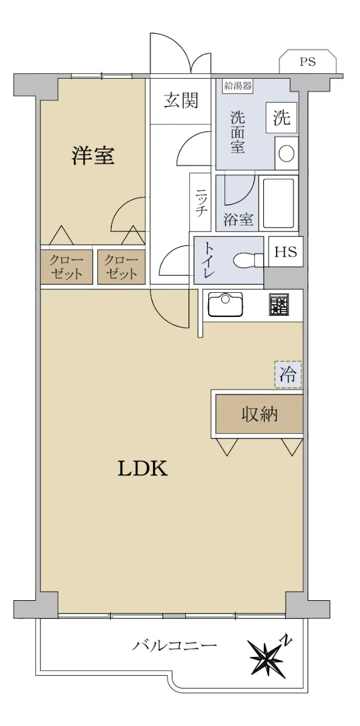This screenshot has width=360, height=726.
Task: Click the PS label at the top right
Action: (307, 61)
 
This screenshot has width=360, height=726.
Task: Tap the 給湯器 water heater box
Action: (238, 86)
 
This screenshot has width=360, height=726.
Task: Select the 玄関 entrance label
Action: (180, 100)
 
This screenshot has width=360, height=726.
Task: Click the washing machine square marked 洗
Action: (281, 117)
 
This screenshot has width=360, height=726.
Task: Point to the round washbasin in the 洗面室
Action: (286, 153)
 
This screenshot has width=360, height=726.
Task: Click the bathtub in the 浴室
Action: (279, 203)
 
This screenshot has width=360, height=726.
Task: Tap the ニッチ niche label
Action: (201, 203)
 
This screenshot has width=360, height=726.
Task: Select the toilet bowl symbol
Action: (249, 260)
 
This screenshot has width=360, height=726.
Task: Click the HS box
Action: (286, 252)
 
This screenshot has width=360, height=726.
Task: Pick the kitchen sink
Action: (226, 304)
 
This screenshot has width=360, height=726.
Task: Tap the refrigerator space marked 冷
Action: (288, 374)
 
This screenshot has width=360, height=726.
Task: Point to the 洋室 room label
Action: (93, 155)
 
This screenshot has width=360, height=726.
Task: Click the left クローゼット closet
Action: (66, 267)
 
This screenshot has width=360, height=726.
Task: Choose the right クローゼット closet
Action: (121, 267)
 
